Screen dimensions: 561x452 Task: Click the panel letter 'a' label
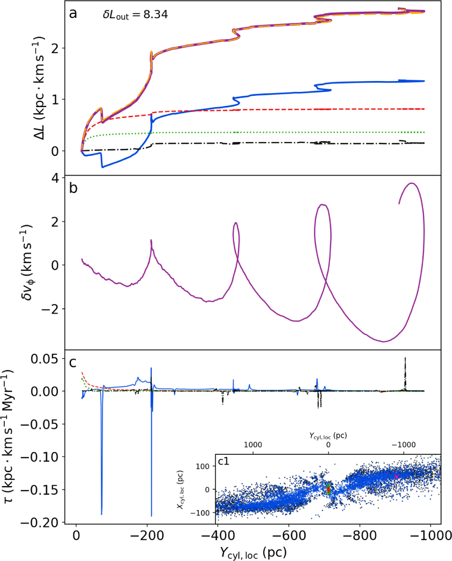pyautogui.click(x=73, y=14)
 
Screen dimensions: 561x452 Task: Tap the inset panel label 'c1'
pyautogui.click(x=223, y=461)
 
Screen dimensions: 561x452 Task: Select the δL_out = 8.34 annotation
pyautogui.click(x=135, y=15)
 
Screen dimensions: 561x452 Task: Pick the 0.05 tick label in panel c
pyautogui.click(x=45, y=359)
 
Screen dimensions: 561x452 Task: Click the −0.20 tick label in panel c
pyautogui.click(x=40, y=523)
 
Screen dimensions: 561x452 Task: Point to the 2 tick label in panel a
pyautogui.click(x=55, y=48)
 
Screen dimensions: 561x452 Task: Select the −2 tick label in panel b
pyautogui.click(x=50, y=309)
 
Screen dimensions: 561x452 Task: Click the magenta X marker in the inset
pyautogui.click(x=397, y=476)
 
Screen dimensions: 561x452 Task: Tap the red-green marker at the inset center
pyautogui.click(x=328, y=489)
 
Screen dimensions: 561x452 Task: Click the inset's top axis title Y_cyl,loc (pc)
pyautogui.click(x=328, y=436)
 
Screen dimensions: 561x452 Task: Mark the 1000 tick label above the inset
pyautogui.click(x=253, y=445)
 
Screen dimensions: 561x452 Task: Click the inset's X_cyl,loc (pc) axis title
pyautogui.click(x=180, y=489)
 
